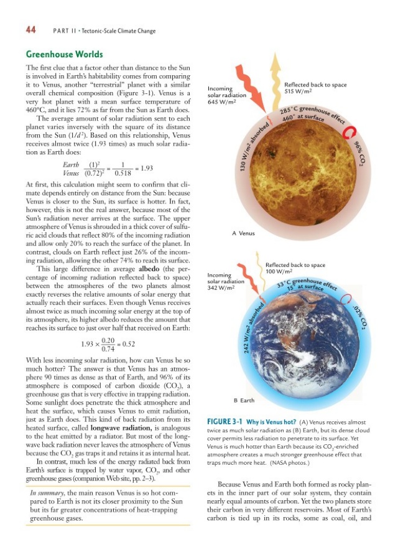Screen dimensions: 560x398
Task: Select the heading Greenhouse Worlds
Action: [x=64, y=54]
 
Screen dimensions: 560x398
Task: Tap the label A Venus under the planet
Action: [x=243, y=233]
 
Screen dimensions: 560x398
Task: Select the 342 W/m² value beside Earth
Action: [x=220, y=287]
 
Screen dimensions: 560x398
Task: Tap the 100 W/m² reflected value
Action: [x=279, y=271]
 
